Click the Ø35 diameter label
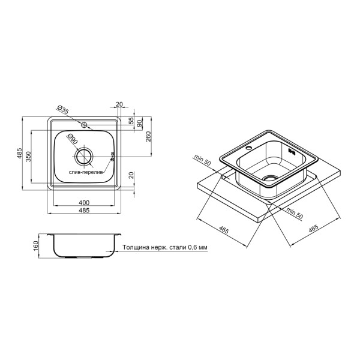62,110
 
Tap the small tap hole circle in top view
84,125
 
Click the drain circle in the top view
84,157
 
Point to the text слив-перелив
86,172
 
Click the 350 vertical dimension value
28,157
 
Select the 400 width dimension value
84,203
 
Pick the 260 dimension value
148,136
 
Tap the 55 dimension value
131,121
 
